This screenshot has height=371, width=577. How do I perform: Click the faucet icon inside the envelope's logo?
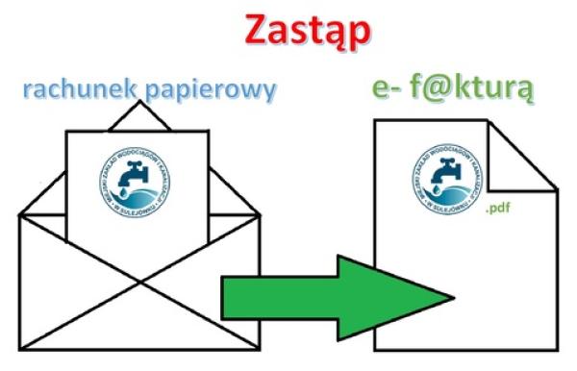(136, 176)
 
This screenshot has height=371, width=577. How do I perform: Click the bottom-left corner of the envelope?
(20, 348)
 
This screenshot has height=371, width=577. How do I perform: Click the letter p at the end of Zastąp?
(358, 34)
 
